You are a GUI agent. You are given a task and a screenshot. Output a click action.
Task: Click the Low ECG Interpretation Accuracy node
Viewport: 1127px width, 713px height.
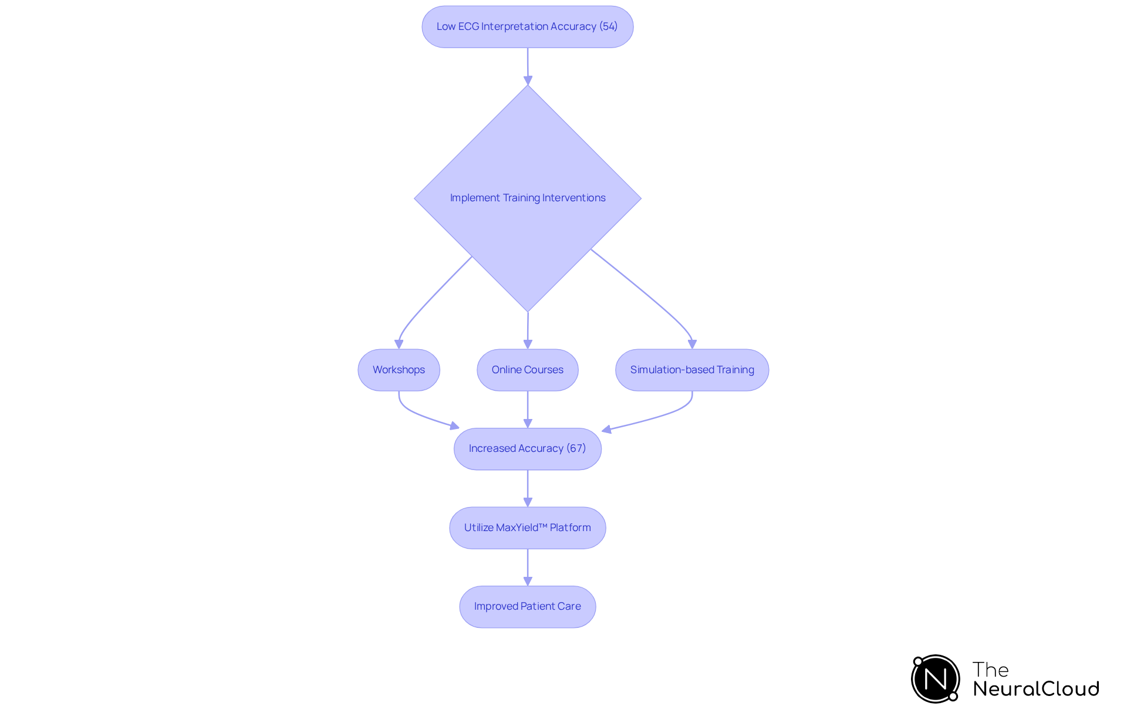pyautogui.click(x=527, y=27)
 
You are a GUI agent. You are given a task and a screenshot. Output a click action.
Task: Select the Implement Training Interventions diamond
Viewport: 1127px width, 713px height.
pyautogui.click(x=527, y=198)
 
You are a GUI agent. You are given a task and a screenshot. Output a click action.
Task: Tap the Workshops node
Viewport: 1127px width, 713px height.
pyautogui.click(x=399, y=370)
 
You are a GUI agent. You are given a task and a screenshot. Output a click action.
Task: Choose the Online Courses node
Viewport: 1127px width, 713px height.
pyautogui.click(x=527, y=370)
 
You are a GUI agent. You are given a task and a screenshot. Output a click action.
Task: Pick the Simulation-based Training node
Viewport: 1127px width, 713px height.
pyautogui.click(x=691, y=370)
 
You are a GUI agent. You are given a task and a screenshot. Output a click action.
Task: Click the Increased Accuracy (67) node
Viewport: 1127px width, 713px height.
pyautogui.click(x=527, y=448)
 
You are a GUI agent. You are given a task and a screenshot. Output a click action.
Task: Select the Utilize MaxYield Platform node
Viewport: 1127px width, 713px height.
pyautogui.click(x=527, y=528)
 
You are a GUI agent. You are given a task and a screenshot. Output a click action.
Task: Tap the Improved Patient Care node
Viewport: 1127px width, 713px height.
pyautogui.click(x=527, y=606)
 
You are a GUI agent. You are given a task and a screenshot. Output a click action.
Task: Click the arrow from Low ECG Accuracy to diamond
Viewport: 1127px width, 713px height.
pyautogui.click(x=528, y=66)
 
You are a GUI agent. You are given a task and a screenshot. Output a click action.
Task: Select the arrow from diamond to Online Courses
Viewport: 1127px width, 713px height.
pyautogui.click(x=528, y=330)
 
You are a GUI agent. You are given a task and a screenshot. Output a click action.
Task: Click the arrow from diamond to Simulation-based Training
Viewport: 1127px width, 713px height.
pyautogui.click(x=646, y=293)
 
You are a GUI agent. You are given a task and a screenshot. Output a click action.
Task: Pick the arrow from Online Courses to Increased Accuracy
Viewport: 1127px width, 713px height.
pyautogui.click(x=528, y=409)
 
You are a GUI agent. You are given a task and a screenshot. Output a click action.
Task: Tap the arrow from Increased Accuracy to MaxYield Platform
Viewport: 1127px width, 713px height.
pyautogui.click(x=528, y=488)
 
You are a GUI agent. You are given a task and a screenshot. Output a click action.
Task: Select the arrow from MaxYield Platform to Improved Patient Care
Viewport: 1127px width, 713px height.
pyautogui.click(x=528, y=567)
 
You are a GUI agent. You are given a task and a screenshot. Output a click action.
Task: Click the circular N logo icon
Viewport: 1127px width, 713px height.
pyautogui.click(x=935, y=679)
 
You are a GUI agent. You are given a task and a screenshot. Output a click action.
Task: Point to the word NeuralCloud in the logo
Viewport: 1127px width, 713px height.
pyautogui.click(x=1035, y=689)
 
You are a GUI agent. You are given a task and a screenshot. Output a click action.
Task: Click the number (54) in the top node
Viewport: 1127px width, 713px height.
pyautogui.click(x=608, y=26)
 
